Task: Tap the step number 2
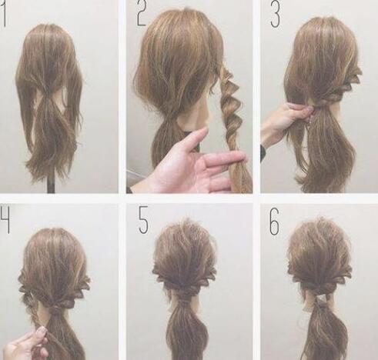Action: pyautogui.click(x=142, y=14)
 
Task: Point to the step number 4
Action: pyautogui.click(x=5, y=219)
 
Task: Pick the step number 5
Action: pyautogui.click(x=143, y=220)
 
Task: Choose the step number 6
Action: pyautogui.click(x=274, y=222)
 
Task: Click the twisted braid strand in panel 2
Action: pyautogui.click(x=232, y=128)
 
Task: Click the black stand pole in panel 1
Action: pyautogui.click(x=51, y=183)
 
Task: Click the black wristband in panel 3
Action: pyautogui.click(x=263, y=153)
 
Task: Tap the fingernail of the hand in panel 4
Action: pyautogui.click(x=41, y=332)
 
